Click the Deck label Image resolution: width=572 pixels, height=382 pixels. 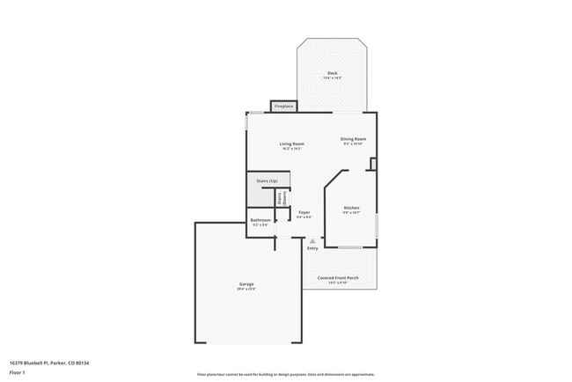click(x=332, y=73)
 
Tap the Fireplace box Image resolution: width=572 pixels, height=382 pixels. click(x=283, y=107)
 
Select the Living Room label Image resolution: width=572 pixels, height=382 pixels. click(x=291, y=143)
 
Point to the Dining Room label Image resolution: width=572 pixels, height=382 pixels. click(x=353, y=138)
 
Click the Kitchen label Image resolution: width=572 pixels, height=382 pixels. click(x=351, y=208)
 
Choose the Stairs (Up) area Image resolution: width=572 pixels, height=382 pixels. click(x=268, y=180)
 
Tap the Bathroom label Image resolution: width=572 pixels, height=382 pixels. click(x=260, y=220)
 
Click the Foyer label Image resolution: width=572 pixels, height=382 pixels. click(x=304, y=212)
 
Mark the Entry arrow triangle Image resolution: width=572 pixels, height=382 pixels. click(x=312, y=240)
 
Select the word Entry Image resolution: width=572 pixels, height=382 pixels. click(x=312, y=248)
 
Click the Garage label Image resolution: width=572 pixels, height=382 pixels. click(x=246, y=283)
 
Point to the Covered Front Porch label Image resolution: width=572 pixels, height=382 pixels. click(x=338, y=277)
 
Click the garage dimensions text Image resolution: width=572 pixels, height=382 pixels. click(x=246, y=289)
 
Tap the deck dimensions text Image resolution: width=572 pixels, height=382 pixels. click(x=332, y=78)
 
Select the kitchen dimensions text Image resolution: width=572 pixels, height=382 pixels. click(x=351, y=213)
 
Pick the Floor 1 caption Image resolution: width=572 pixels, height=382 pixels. click(x=17, y=372)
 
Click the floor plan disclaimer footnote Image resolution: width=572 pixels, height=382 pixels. click(x=285, y=374)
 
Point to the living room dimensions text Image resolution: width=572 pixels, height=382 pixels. click(x=291, y=149)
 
